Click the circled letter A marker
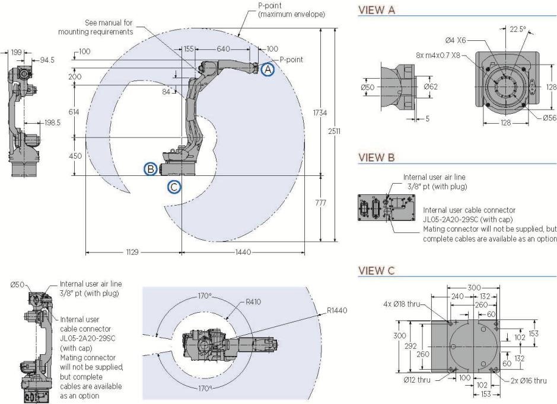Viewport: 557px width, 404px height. click(268, 69)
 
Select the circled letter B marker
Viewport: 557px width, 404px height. click(152, 169)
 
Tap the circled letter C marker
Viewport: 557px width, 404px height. click(174, 186)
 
